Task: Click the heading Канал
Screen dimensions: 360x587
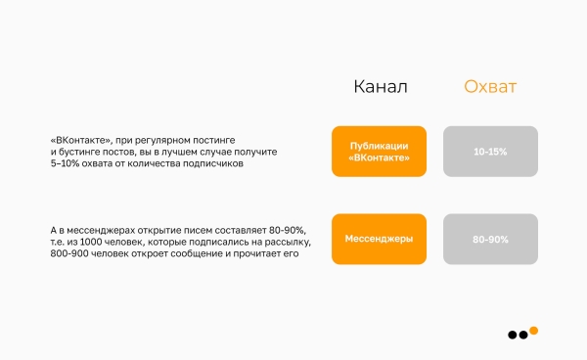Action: [x=380, y=87]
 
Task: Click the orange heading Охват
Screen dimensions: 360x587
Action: [x=490, y=87]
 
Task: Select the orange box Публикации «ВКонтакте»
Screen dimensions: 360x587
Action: [x=379, y=152]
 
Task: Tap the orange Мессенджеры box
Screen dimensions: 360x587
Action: [x=379, y=239]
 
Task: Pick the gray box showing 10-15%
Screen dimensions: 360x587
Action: [x=490, y=152]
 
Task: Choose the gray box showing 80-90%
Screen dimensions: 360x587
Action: [x=490, y=239]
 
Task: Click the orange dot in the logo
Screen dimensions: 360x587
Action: [x=533, y=330]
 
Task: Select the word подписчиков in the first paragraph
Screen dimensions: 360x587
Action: [x=215, y=163]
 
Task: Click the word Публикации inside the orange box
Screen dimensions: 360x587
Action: [x=379, y=145]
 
